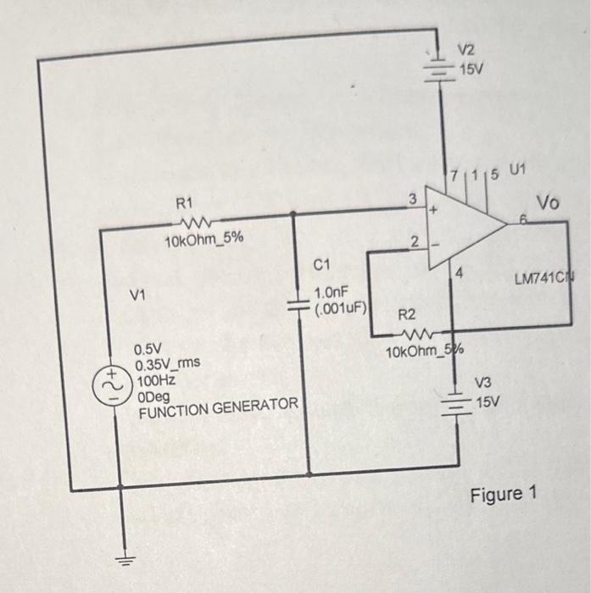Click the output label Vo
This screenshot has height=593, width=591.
pos(548,202)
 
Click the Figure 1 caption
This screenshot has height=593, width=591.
pos(504,494)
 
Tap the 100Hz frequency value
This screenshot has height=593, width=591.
pos(155,381)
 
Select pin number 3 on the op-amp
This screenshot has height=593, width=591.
pos(412,200)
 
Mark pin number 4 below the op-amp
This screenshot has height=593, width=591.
pos(460,273)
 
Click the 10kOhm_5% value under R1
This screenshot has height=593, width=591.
pos(204,240)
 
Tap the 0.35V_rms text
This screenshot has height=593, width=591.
pos(168,364)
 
